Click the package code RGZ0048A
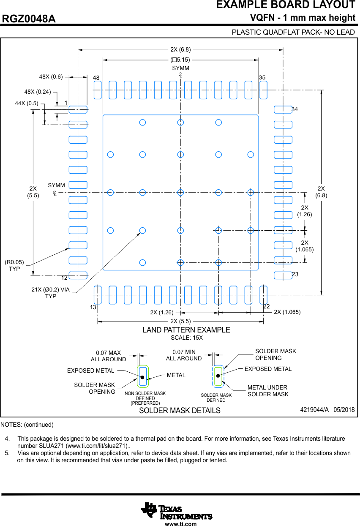pyautogui.click(x=29, y=19)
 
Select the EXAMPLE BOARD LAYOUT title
pyautogui.click(x=286, y=5)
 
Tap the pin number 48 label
pyautogui.click(x=96, y=78)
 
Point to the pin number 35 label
pyautogui.click(x=262, y=78)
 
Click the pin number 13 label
pyautogui.click(x=93, y=307)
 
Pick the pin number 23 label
pyautogui.click(x=295, y=275)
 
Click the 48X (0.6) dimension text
pyautogui.click(x=51, y=77)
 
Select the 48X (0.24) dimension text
pyautogui.click(x=38, y=91)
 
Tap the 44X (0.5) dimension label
pyautogui.click(x=27, y=103)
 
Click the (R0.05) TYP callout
pyautogui.click(x=14, y=265)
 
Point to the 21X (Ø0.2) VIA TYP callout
pyautogui.click(x=50, y=293)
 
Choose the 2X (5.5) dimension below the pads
pyautogui.click(x=180, y=321)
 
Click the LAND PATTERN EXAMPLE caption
pyautogui.click(x=186, y=330)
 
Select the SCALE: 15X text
pyautogui.click(x=186, y=338)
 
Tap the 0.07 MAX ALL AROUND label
pyautogui.click(x=108, y=356)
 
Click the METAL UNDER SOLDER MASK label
pyautogui.click(x=268, y=391)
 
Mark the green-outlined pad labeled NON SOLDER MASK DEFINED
pyautogui.click(x=143, y=376)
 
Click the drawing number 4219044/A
pyautogui.click(x=314, y=410)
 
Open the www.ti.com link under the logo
pyautogui.click(x=180, y=524)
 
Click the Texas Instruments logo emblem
pyautogui.click(x=149, y=510)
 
